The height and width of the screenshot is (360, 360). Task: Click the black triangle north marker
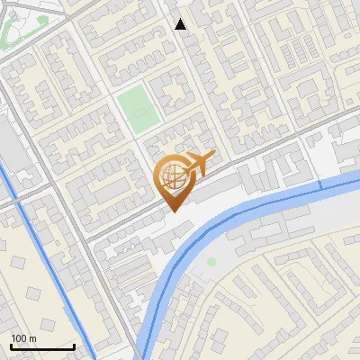181,24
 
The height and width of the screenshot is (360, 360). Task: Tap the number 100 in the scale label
19,338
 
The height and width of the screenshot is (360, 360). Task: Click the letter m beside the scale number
31,338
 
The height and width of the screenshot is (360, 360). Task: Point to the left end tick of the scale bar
11,346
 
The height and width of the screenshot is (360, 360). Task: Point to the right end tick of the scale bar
75,346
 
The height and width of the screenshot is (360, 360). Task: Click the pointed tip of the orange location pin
172,211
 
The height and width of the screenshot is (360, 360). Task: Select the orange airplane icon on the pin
197,163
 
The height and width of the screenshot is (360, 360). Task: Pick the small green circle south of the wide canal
211,262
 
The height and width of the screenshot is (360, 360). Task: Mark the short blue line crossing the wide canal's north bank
319,184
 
